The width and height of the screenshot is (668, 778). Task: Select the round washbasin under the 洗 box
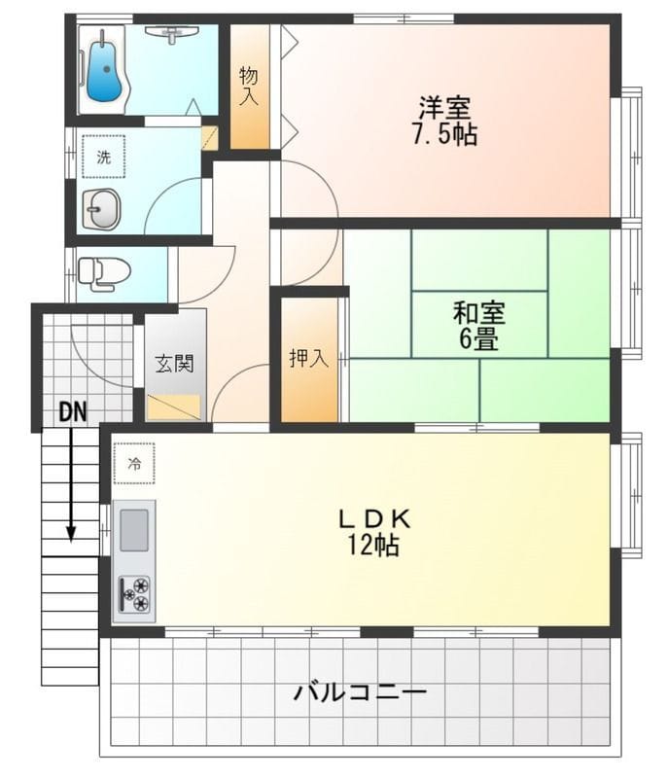101,209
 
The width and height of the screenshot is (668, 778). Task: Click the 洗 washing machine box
103,157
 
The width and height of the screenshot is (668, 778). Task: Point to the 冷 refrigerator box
133,463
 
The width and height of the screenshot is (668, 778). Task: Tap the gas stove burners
134,594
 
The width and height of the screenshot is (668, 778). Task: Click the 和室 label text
478,313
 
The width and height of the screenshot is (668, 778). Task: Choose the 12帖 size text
374,546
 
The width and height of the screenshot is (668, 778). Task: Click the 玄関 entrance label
175,363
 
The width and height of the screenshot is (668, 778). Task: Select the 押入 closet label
309,358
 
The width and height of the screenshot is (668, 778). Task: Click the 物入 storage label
249,85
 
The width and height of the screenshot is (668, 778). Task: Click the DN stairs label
72,411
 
